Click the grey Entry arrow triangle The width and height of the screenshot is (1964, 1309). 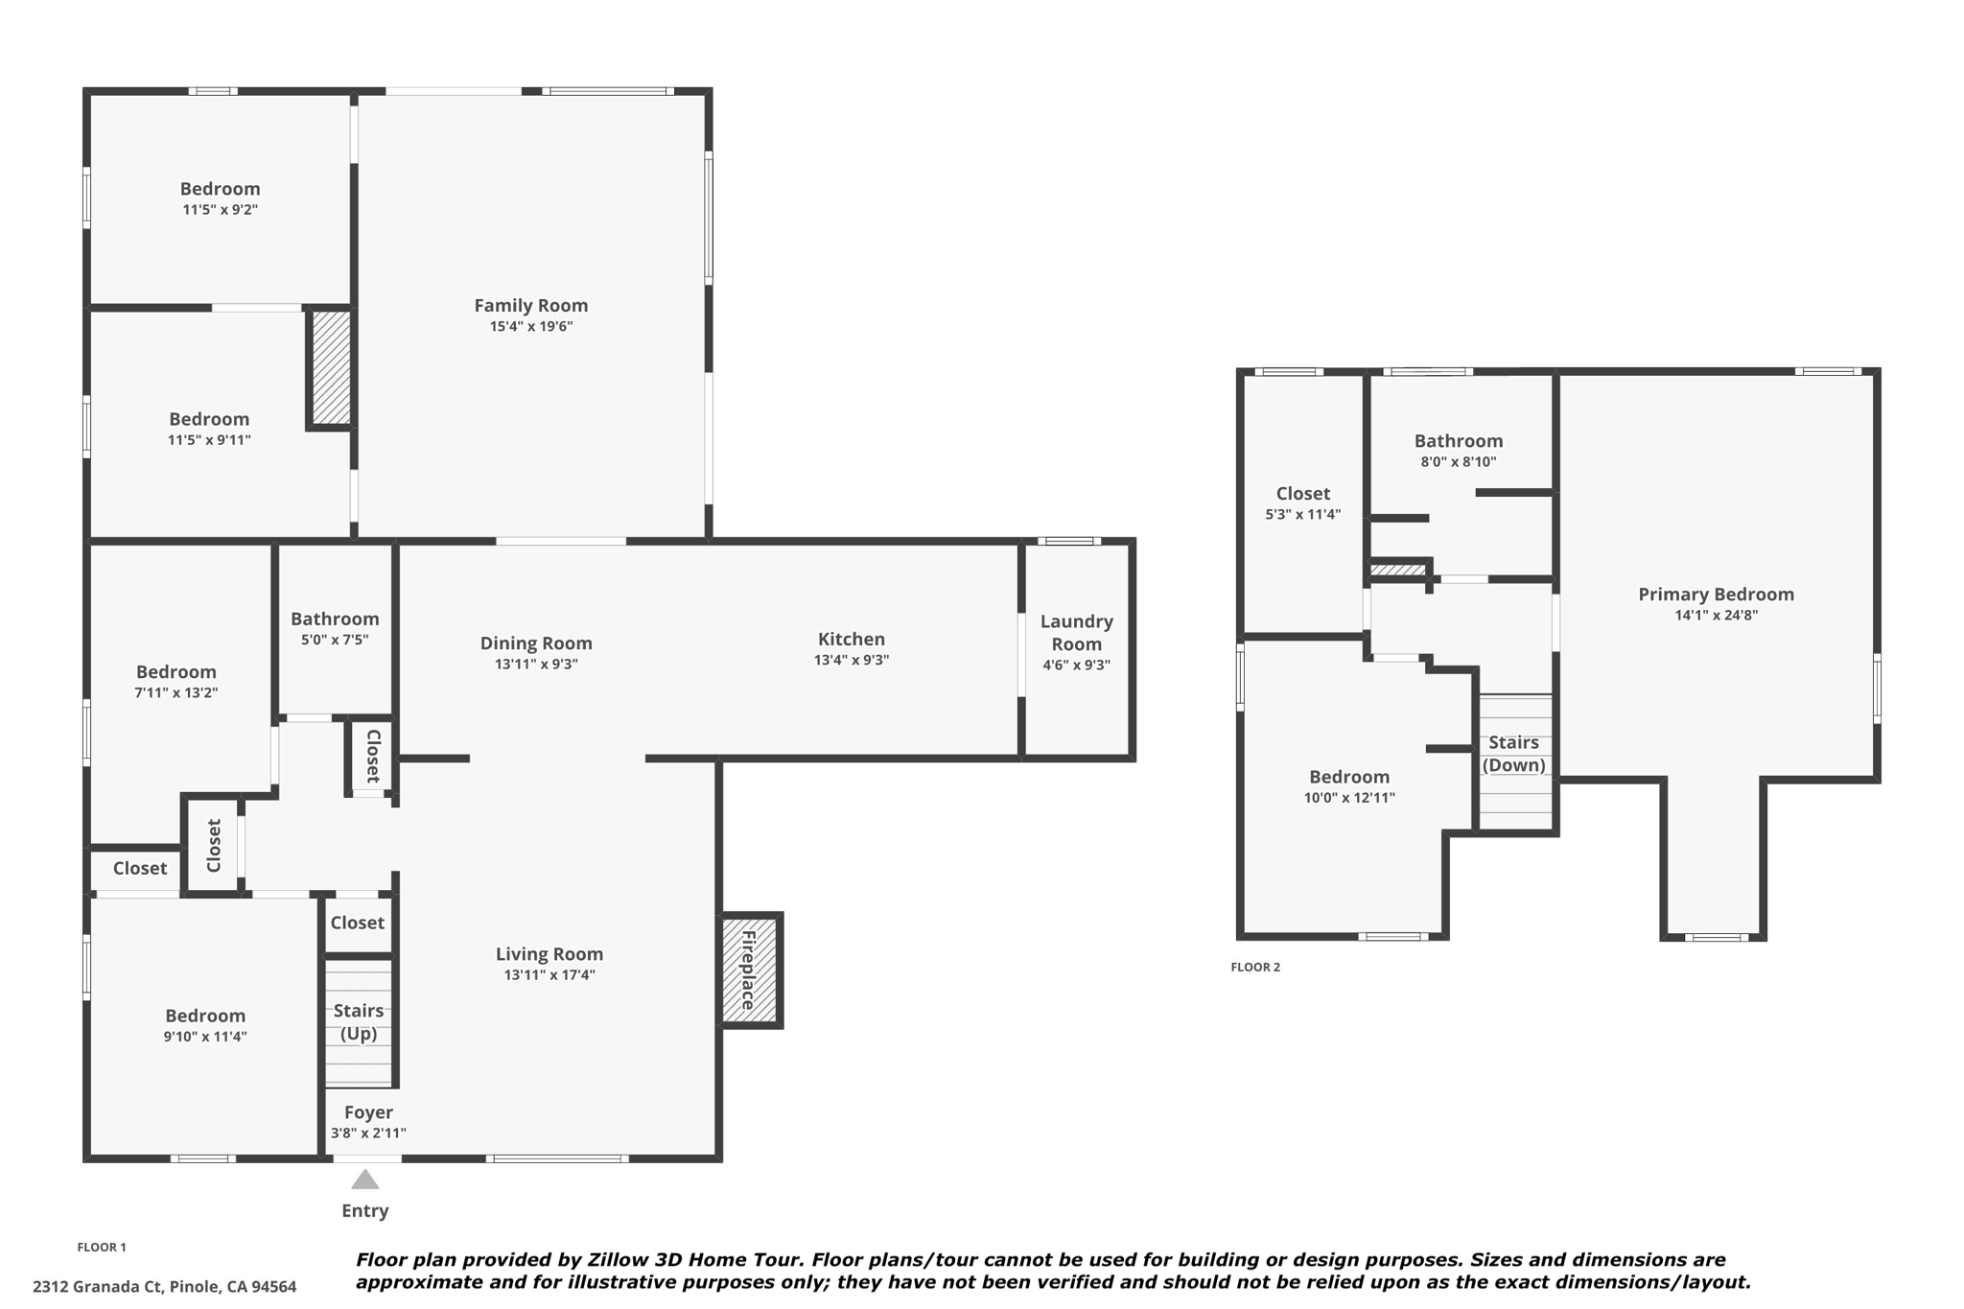(x=364, y=1179)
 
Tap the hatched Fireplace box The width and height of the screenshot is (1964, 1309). (x=750, y=970)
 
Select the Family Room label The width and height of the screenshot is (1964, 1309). (x=531, y=305)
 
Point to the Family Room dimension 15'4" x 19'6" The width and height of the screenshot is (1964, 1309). (x=531, y=326)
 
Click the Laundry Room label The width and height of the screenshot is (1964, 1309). (x=1077, y=633)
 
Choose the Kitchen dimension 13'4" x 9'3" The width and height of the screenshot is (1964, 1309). (x=852, y=660)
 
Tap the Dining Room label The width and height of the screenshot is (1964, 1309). (x=536, y=643)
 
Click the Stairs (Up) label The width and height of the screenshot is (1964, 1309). (x=359, y=1022)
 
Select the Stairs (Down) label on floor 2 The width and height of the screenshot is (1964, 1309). (x=1514, y=754)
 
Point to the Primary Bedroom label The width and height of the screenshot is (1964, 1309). (x=1716, y=595)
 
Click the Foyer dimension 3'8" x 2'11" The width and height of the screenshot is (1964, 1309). (x=368, y=1133)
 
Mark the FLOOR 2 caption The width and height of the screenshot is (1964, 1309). (x=1255, y=967)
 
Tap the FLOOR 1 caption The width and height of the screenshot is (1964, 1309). (x=102, y=1247)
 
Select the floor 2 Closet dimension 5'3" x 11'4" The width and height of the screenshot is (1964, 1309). (x=1303, y=514)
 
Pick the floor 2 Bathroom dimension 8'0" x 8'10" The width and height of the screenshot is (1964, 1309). (x=1459, y=461)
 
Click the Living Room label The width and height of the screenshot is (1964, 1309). (x=549, y=954)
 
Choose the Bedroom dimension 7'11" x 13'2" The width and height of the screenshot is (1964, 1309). (x=176, y=692)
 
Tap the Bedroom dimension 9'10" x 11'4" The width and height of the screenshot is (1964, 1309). (x=205, y=1036)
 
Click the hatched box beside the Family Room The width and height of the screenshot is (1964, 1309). (x=331, y=367)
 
